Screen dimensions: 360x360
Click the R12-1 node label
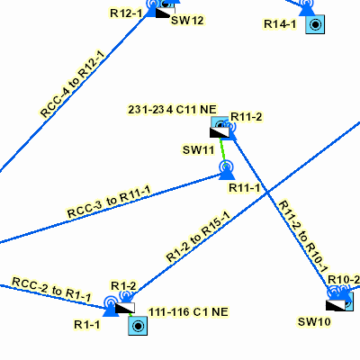126,13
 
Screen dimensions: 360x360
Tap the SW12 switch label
187,21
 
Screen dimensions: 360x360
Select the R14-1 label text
280,24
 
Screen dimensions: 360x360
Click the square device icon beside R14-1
315,24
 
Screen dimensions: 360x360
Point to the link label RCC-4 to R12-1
73,85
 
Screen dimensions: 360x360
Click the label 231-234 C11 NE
172,110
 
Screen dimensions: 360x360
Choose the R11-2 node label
246,117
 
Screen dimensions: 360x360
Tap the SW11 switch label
199,149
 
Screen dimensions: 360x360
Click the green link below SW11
223,151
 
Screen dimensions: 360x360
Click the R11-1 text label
245,188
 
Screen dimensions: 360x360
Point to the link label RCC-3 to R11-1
109,202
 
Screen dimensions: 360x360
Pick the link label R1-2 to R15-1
198,237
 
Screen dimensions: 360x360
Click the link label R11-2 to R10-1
303,237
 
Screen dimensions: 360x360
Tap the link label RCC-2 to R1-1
51,290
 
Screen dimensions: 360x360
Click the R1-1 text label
87,324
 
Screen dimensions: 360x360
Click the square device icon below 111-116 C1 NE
138,326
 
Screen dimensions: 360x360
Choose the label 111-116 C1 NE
188,312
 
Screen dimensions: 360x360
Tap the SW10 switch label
314,322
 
